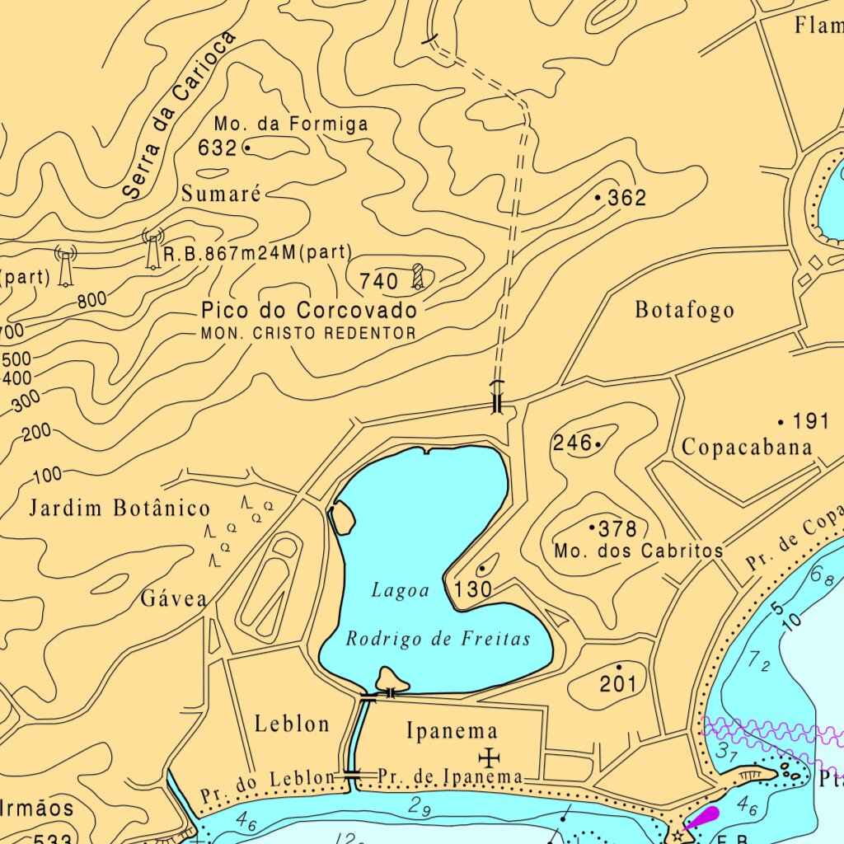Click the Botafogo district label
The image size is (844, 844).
coord(684,311)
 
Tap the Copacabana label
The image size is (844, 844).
coord(747,448)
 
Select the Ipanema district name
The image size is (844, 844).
coord(452,730)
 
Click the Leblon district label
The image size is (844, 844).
coord(292,724)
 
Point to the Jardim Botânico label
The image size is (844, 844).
coord(120,508)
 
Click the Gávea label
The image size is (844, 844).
coord(173,598)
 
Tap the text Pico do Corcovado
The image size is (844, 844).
coord(309,311)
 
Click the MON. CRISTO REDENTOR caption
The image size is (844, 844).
coord(309,334)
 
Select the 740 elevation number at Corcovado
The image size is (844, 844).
coord(379,282)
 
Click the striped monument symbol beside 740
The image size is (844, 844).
coord(418,276)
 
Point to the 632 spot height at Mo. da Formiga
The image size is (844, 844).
coord(218,148)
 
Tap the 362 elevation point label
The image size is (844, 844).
coord(626,198)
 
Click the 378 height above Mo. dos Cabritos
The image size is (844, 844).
coord(617,528)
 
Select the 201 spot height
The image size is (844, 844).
coord(617,683)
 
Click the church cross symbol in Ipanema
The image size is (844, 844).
coord(490,756)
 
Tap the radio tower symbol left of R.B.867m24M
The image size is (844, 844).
coord(152,249)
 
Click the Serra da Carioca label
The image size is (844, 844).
coord(177,115)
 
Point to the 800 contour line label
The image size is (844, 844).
coord(92,301)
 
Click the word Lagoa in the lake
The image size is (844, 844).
coord(401,590)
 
